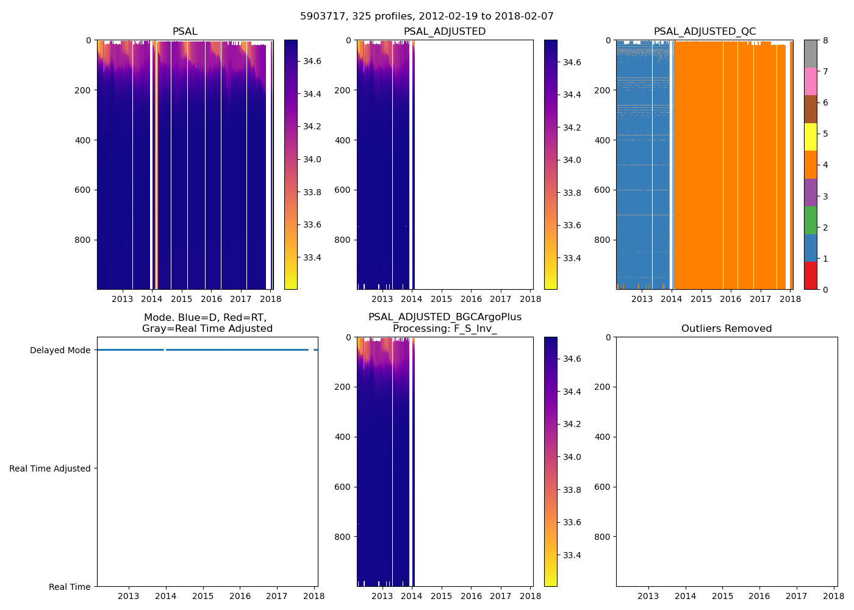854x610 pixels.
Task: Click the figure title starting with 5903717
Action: click(426, 16)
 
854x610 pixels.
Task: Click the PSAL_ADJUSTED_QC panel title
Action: click(705, 32)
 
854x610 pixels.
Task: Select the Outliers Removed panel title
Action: click(726, 329)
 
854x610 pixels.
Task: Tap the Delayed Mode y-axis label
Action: click(60, 350)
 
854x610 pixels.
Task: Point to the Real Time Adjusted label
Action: click(49, 468)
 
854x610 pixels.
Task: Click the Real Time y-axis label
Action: click(70, 587)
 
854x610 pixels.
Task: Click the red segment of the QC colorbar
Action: click(810, 275)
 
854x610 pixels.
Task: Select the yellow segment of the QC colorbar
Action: click(810, 137)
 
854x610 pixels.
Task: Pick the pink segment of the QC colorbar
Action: click(810, 81)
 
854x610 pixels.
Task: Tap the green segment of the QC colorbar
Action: click(810, 220)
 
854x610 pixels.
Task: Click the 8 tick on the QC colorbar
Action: click(825, 40)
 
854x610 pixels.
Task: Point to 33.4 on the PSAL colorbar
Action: click(312, 257)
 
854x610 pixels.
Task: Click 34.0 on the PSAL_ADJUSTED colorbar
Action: click(572, 160)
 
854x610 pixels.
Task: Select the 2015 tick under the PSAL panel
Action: click(182, 299)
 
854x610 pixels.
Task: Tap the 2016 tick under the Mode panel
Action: click(240, 596)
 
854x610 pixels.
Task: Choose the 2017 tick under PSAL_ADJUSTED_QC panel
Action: click(760, 299)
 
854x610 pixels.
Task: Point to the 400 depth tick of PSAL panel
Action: click(84, 140)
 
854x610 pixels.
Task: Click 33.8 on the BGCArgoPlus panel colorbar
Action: click(572, 490)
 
